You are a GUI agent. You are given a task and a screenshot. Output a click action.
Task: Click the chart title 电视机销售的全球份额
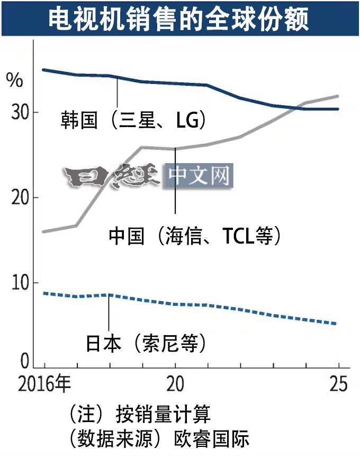coord(179,19)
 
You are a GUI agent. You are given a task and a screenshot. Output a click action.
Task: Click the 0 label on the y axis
coord(24,362)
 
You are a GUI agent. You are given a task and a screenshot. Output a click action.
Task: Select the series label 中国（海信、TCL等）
coord(194,235)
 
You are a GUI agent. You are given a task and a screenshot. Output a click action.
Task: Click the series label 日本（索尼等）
coord(146,344)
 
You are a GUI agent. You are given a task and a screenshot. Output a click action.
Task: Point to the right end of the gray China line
coord(338,96)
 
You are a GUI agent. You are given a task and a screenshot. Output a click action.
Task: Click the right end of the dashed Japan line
coord(337,324)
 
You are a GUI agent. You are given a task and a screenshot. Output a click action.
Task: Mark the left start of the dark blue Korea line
coord(43,69)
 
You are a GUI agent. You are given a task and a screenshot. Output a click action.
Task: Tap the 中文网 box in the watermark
coord(199,176)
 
